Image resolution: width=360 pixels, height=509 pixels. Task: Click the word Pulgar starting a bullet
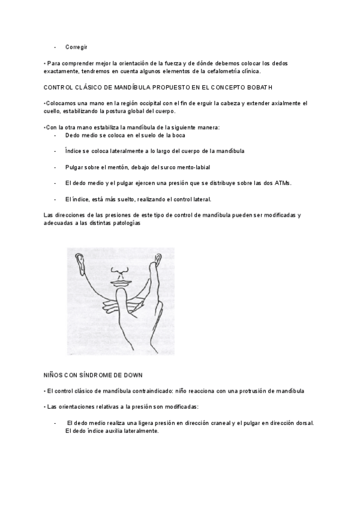(74, 167)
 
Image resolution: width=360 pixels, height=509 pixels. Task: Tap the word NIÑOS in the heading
(56, 375)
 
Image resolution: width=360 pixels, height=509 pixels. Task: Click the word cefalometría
(221, 71)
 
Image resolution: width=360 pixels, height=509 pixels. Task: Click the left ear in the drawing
(79, 262)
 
